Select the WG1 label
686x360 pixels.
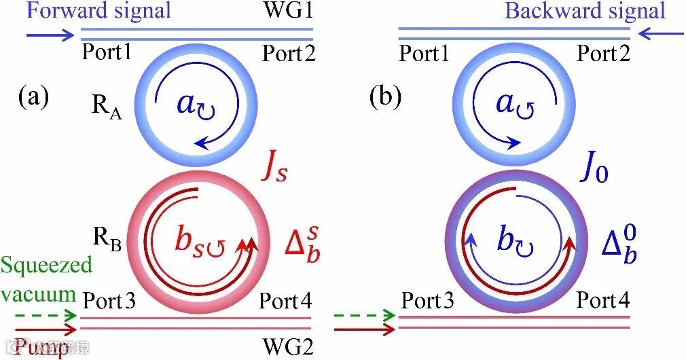pyautogui.click(x=291, y=11)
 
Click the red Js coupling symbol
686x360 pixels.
pyautogui.click(x=274, y=168)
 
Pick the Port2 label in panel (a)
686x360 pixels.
pyautogui.click(x=289, y=53)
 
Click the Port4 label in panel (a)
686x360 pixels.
pyautogui.click(x=285, y=300)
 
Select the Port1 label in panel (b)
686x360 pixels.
pyautogui.click(x=424, y=53)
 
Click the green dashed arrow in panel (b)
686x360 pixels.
pyautogui.click(x=364, y=315)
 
